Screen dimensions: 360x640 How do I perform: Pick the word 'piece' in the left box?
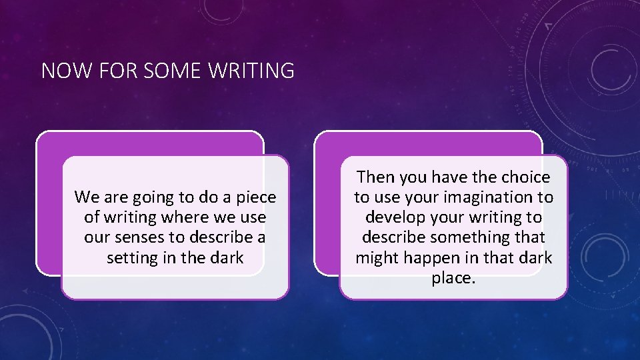pyautogui.click(x=255, y=197)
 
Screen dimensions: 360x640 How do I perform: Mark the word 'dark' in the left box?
pyautogui.click(x=227, y=257)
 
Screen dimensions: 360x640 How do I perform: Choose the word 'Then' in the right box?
pyautogui.click(x=375, y=177)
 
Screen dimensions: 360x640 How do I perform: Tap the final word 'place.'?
pyautogui.click(x=453, y=277)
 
